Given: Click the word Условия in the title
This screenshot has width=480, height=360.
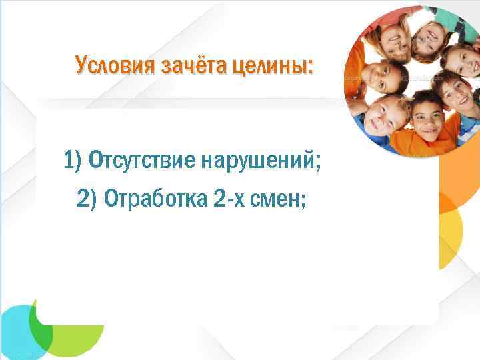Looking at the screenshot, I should [113, 65].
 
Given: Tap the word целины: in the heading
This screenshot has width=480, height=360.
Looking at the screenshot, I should [273, 65].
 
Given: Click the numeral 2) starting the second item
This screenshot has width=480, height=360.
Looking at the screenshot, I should [87, 198].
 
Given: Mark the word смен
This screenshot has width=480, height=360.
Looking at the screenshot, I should [277, 198].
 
